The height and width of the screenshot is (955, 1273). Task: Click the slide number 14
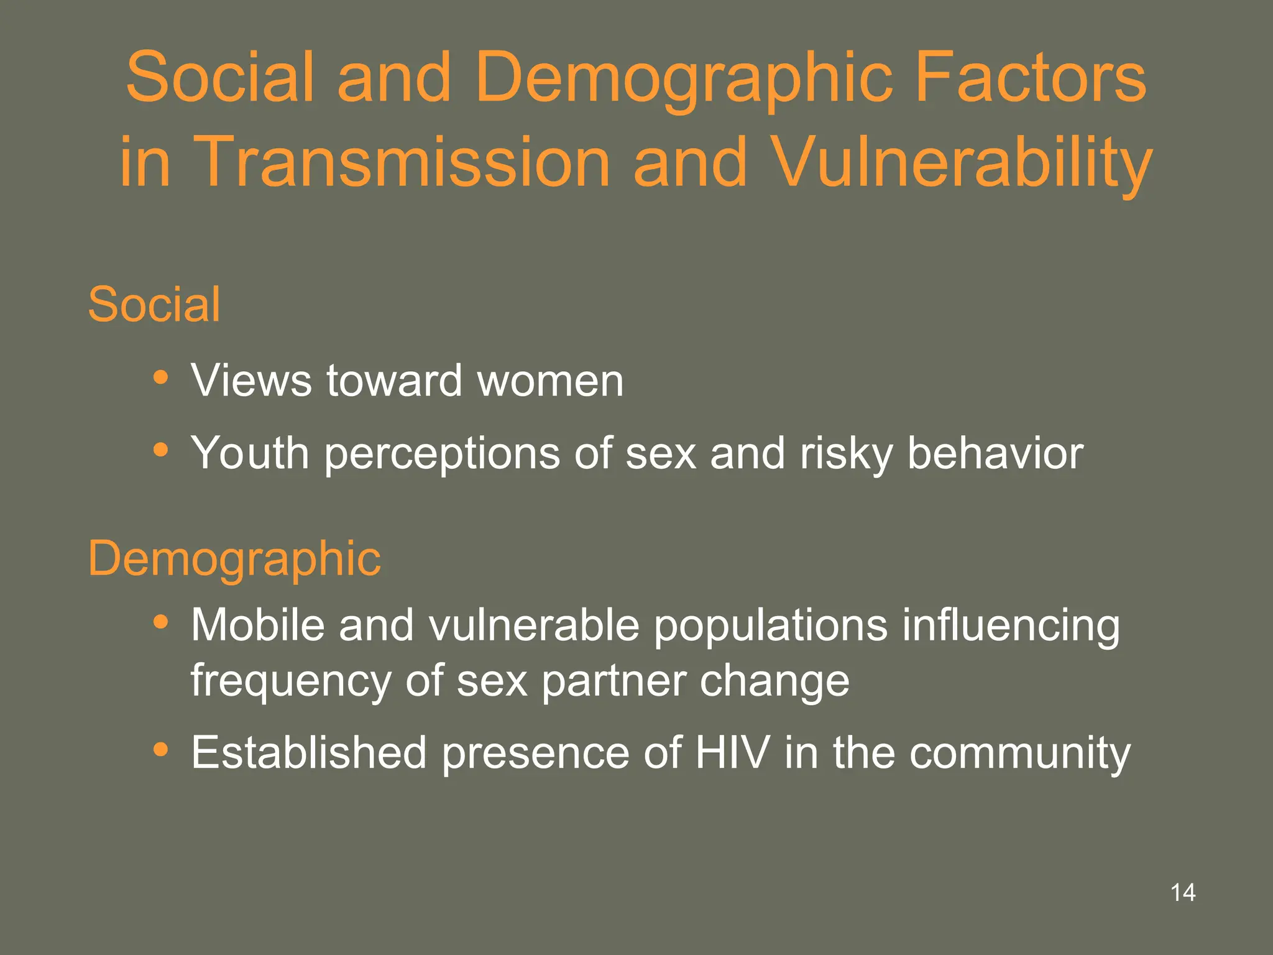click(1182, 893)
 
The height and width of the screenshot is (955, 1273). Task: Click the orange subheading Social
click(154, 305)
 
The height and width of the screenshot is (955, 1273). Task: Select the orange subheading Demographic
click(234, 558)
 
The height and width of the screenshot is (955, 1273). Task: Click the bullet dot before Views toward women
click(161, 377)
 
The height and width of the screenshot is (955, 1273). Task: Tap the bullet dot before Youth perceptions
click(161, 450)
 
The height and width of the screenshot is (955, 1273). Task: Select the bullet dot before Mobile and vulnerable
click(161, 621)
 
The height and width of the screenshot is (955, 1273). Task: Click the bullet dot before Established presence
click(161, 749)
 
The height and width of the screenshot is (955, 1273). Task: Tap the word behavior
click(995, 453)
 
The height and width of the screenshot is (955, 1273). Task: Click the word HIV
click(732, 752)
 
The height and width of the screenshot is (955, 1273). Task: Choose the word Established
click(309, 752)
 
